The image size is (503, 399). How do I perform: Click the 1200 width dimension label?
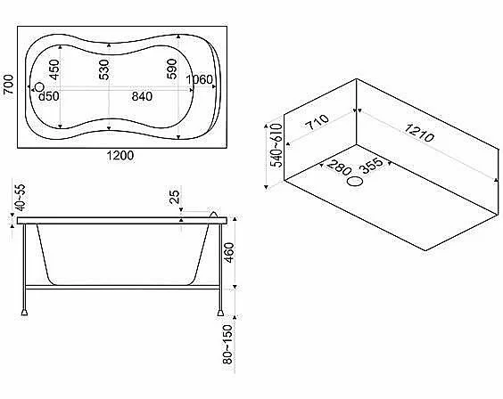[120, 156]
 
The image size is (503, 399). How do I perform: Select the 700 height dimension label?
[9, 85]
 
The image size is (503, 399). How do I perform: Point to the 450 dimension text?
[54, 69]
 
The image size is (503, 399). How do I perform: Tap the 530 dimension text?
[104, 69]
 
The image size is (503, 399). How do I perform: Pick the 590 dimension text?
[171, 69]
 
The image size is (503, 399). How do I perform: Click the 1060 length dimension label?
[200, 79]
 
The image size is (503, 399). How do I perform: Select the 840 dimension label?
[142, 96]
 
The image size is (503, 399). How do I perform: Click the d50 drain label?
[49, 96]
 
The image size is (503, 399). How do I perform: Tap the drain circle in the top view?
[39, 86]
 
